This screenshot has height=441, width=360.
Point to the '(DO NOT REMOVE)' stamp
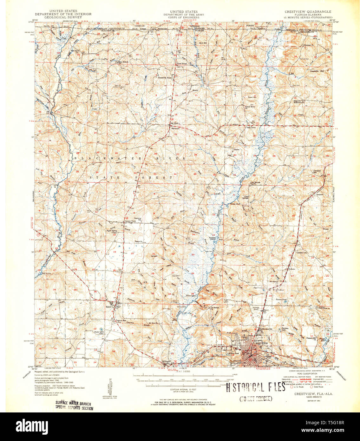[x=256, y=398]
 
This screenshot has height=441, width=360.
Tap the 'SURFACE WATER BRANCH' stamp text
[x=73, y=404]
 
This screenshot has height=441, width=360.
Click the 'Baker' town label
[x=109, y=306]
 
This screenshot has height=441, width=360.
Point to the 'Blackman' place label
[x=175, y=128]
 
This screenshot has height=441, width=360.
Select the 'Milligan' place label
[x=167, y=361]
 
